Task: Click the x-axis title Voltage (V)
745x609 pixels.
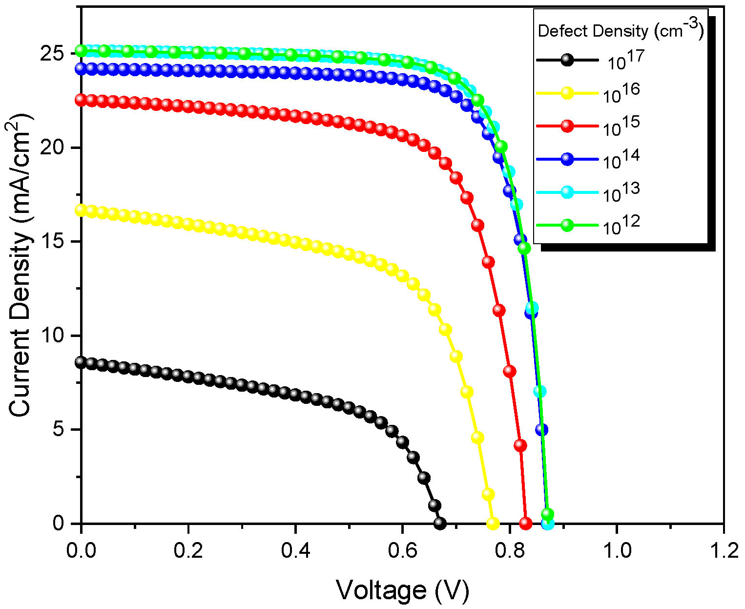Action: [402, 590]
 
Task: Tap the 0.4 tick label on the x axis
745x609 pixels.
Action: [295, 550]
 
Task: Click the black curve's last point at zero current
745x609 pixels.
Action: [440, 524]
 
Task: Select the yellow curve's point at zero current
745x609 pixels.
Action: [493, 524]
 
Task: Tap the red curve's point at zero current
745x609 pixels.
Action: [525, 524]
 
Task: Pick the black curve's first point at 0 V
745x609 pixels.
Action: [81, 362]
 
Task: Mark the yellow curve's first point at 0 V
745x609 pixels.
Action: [81, 210]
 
